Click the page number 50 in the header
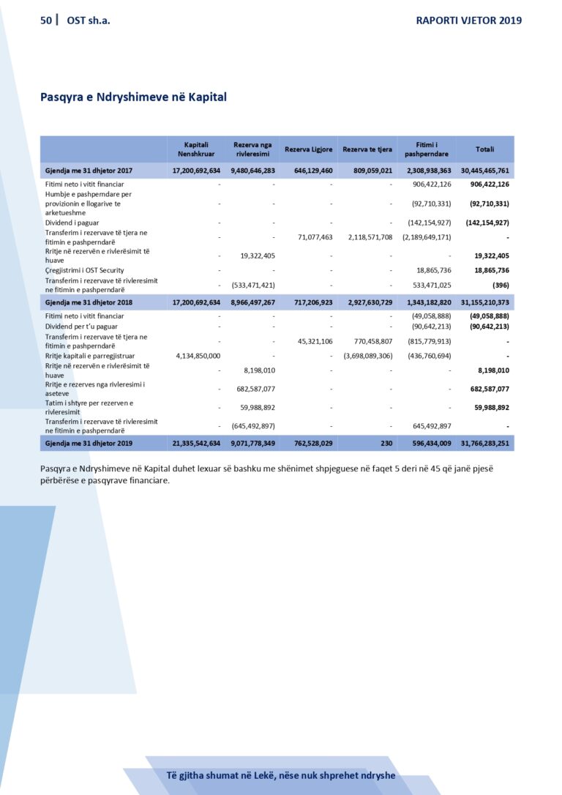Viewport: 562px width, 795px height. pos(46,20)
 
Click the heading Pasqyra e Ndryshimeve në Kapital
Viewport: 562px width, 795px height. pos(133,97)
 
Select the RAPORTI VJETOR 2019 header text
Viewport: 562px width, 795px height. pos(468,20)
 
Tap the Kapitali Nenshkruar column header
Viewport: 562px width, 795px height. pos(197,149)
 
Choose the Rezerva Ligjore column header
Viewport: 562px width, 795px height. pos(308,149)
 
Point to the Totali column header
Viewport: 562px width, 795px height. pos(484,149)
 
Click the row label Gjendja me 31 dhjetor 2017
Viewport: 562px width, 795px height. pos(89,171)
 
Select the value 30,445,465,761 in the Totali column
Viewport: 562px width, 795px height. pos(484,171)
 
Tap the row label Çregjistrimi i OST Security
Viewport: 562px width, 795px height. pos(84,270)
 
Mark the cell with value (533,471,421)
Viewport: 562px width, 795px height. pos(252,285)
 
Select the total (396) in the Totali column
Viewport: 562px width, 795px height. pos(498,285)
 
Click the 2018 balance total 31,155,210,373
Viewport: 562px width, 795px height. pos(484,302)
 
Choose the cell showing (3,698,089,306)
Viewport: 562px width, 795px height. pos(368,356)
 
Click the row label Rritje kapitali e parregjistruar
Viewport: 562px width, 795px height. pos(91,356)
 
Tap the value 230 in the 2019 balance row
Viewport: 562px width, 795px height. pos(386,443)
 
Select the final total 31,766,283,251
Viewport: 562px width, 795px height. pos(484,443)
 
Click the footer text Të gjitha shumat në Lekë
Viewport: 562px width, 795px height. pos(280,775)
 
